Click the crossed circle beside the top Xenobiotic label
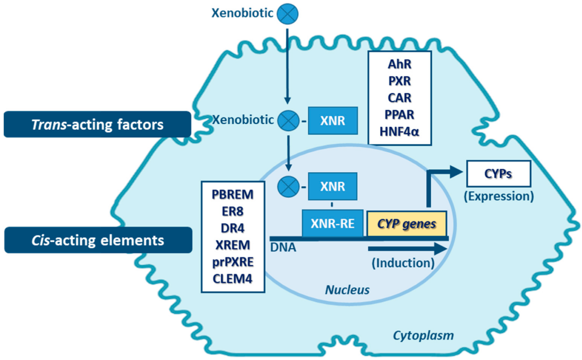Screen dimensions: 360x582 pyautogui.click(x=287, y=13)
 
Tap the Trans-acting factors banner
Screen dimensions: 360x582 pyautogui.click(x=97, y=124)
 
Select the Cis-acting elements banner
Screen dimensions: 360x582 pyautogui.click(x=98, y=240)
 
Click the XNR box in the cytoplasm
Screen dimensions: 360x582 pyautogui.click(x=332, y=121)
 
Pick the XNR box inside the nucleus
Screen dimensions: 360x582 pyautogui.click(x=332, y=186)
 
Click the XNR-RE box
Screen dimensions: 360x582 pyautogui.click(x=332, y=224)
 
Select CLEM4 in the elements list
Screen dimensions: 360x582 pyautogui.click(x=233, y=278)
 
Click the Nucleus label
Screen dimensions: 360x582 pyautogui.click(x=347, y=290)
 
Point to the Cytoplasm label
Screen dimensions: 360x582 pyautogui.click(x=423, y=336)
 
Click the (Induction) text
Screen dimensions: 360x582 pyautogui.click(x=403, y=263)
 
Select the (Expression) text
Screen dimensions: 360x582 pyautogui.click(x=498, y=196)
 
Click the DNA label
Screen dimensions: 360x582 pyautogui.click(x=283, y=248)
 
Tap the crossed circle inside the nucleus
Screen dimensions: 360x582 pyautogui.click(x=288, y=186)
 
